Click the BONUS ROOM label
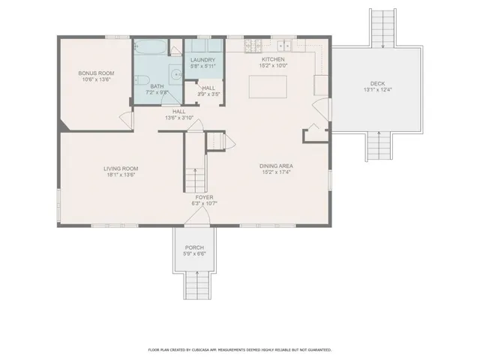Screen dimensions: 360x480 tap(94, 73)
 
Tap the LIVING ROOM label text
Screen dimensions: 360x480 tap(120, 169)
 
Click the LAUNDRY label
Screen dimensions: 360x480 tap(202, 60)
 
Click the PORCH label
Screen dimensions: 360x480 tap(194, 247)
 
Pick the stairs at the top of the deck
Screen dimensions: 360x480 tap(383, 28)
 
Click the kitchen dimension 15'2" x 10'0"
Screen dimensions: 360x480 tap(273, 65)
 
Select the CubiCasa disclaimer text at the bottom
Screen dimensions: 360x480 tap(239, 349)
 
